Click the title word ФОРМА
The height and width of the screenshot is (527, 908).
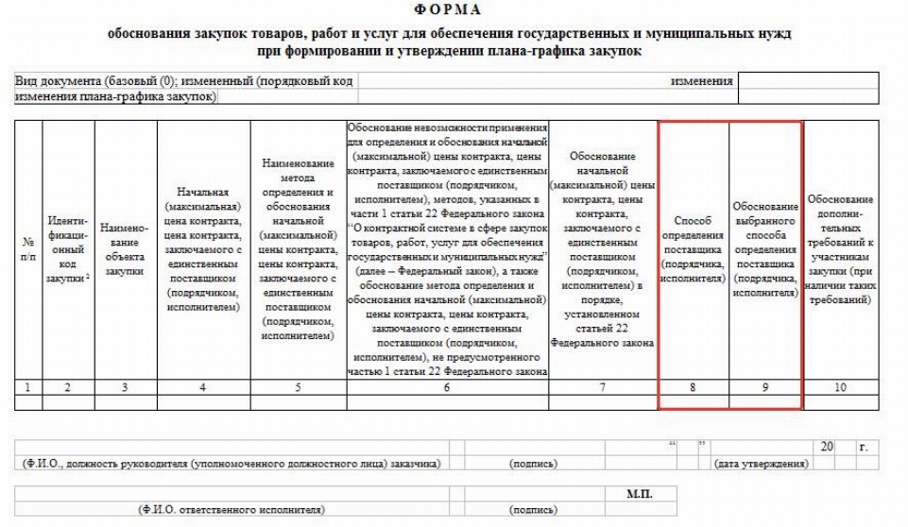453,10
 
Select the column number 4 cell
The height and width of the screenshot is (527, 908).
204,386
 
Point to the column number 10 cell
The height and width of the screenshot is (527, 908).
840,386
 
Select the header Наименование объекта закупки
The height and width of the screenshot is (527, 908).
124,249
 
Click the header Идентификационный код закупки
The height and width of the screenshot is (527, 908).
67,249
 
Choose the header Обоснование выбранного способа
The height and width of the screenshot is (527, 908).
764,249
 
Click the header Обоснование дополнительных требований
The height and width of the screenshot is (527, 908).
840,249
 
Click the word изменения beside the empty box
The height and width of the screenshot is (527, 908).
701,81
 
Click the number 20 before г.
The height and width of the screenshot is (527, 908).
827,447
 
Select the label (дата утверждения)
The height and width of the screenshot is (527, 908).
762,464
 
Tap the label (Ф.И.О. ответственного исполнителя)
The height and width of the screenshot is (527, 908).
231,510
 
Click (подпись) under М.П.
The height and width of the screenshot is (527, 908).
534,510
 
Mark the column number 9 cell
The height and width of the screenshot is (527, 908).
764,386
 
